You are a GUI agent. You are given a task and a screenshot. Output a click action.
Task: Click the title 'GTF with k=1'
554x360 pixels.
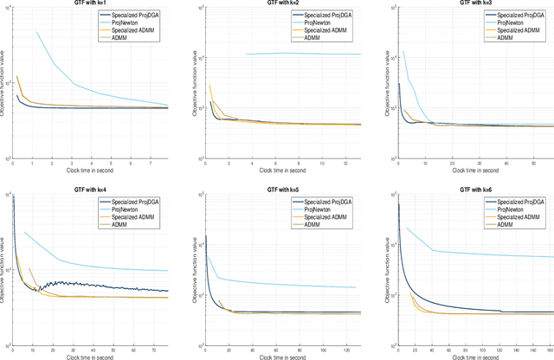coord(90,4)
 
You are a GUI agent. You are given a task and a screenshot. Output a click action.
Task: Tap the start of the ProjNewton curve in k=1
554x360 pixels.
coord(37,32)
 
